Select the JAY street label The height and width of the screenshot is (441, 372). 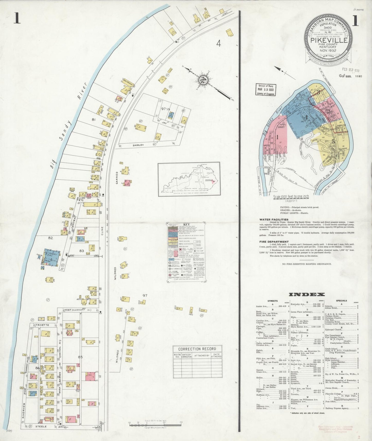pyautogui.click(x=164, y=123)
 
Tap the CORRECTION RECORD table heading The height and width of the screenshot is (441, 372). pyautogui.click(x=197, y=349)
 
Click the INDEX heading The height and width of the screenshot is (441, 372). pyautogui.click(x=307, y=295)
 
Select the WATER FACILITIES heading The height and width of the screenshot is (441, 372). pyautogui.click(x=274, y=220)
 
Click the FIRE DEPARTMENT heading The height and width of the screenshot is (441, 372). pyautogui.click(x=274, y=242)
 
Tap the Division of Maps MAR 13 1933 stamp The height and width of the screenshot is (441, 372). pyautogui.click(x=265, y=90)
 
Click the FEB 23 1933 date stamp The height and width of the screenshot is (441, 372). pyautogui.click(x=351, y=70)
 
